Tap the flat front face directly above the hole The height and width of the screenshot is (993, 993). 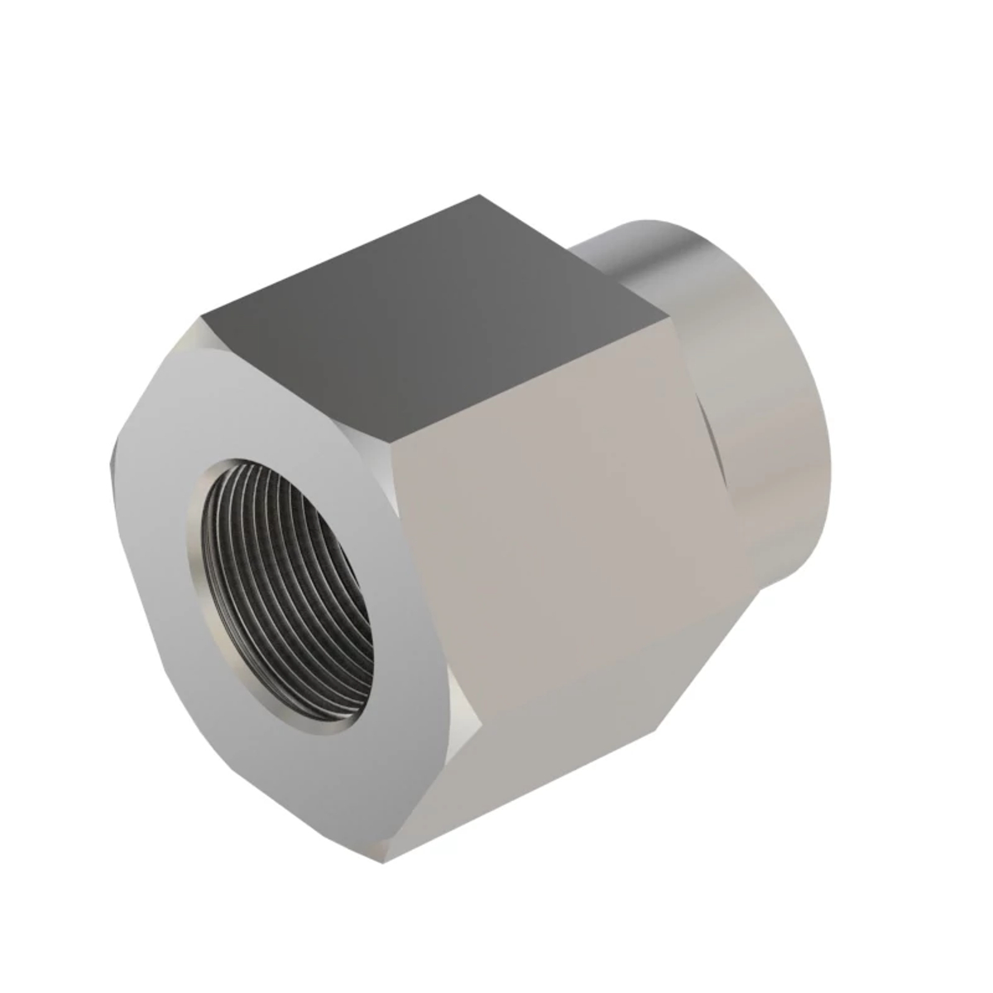click(273, 405)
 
